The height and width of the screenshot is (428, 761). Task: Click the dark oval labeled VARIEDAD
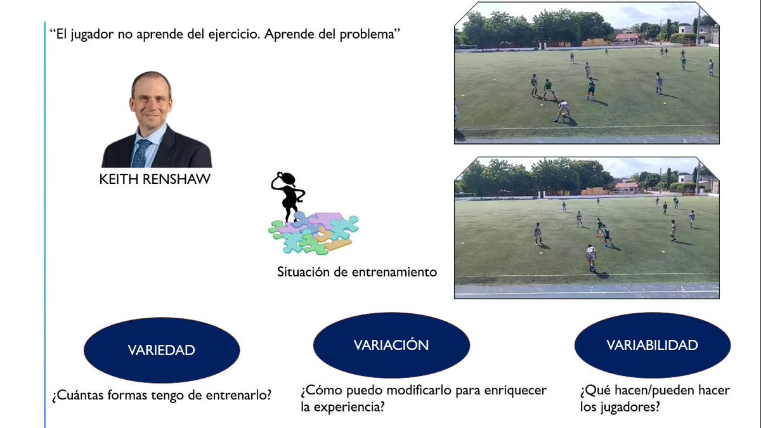click(x=161, y=350)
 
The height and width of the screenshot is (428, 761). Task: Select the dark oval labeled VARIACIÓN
click(x=391, y=345)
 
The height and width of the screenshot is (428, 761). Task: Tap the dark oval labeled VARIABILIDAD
click(x=652, y=345)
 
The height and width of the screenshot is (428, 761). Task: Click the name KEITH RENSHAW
click(x=155, y=180)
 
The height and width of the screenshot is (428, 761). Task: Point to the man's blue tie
click(x=141, y=152)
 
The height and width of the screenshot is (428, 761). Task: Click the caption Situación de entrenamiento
click(x=357, y=272)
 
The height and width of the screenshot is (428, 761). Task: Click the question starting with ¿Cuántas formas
click(x=162, y=395)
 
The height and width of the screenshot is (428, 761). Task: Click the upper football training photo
click(x=587, y=73)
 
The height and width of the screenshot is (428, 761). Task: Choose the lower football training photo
click(x=587, y=228)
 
